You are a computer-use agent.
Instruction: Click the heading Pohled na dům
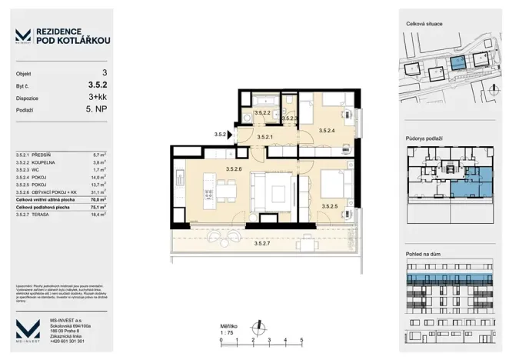click(423, 252)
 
